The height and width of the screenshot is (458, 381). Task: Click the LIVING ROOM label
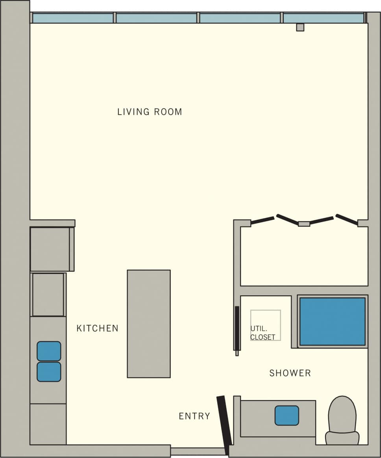150,112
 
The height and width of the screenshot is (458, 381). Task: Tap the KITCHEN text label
97,328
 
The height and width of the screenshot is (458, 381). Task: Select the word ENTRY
194,416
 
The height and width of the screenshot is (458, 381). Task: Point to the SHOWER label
290,373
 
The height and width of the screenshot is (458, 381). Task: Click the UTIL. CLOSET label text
263,332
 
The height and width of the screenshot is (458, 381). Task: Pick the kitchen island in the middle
149,324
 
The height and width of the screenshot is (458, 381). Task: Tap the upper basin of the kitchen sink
49,351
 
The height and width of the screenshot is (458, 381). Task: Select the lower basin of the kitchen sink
49,372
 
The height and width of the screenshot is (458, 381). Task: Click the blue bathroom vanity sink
287,415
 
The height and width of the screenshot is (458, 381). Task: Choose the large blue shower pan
333,321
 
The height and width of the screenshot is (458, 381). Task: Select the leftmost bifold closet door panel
262,221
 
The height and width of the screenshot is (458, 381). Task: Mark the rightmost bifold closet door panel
346,220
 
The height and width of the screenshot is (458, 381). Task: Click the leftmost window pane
73,18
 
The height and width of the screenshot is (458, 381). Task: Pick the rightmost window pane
324,18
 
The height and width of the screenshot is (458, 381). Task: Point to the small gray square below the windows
300,27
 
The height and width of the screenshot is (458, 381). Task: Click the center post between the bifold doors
304,224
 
